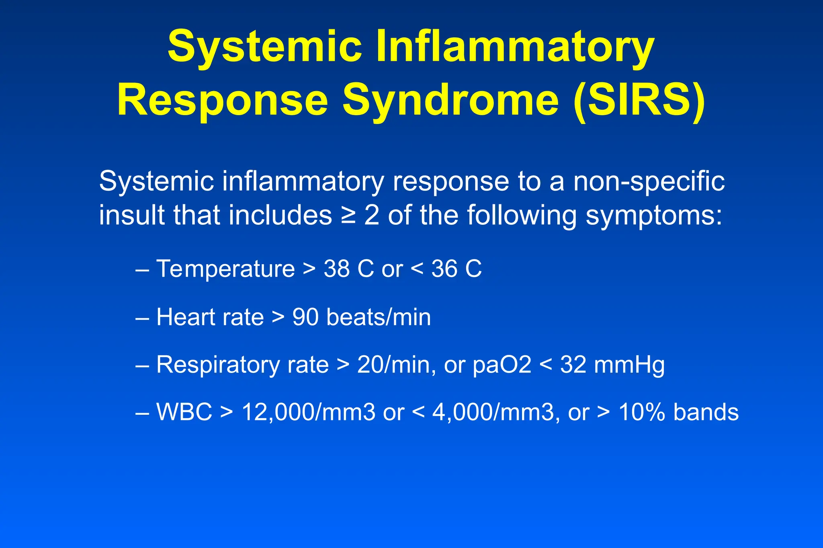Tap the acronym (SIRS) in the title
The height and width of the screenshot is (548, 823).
click(x=639, y=100)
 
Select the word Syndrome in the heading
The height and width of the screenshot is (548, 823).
click(x=450, y=100)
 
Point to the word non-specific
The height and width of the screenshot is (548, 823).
click(x=649, y=181)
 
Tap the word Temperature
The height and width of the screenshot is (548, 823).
click(x=225, y=269)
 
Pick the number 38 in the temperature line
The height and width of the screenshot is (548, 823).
click(x=336, y=269)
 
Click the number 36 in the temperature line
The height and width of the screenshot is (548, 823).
click(x=444, y=269)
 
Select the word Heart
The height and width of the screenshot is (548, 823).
click(x=183, y=317)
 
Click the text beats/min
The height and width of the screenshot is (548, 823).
click(x=379, y=317)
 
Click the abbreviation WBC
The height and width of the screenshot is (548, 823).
click(x=184, y=412)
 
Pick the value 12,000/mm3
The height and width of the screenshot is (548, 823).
click(x=309, y=412)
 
